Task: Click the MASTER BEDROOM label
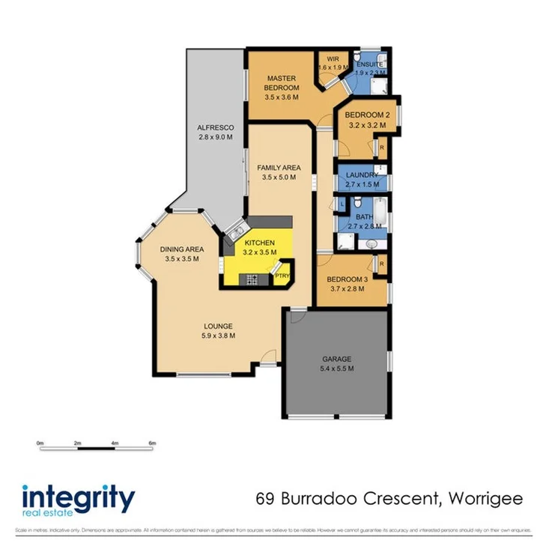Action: pyautogui.click(x=282, y=82)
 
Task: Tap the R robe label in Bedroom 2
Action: pyautogui.click(x=381, y=147)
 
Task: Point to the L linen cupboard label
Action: pyautogui.click(x=342, y=204)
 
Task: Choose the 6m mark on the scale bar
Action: pyautogui.click(x=152, y=443)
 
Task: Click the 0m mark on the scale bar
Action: pyautogui.click(x=40, y=443)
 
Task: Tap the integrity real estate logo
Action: pyautogui.click(x=79, y=500)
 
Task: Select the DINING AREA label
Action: pyautogui.click(x=181, y=250)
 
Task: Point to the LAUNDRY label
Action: pyautogui.click(x=362, y=175)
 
